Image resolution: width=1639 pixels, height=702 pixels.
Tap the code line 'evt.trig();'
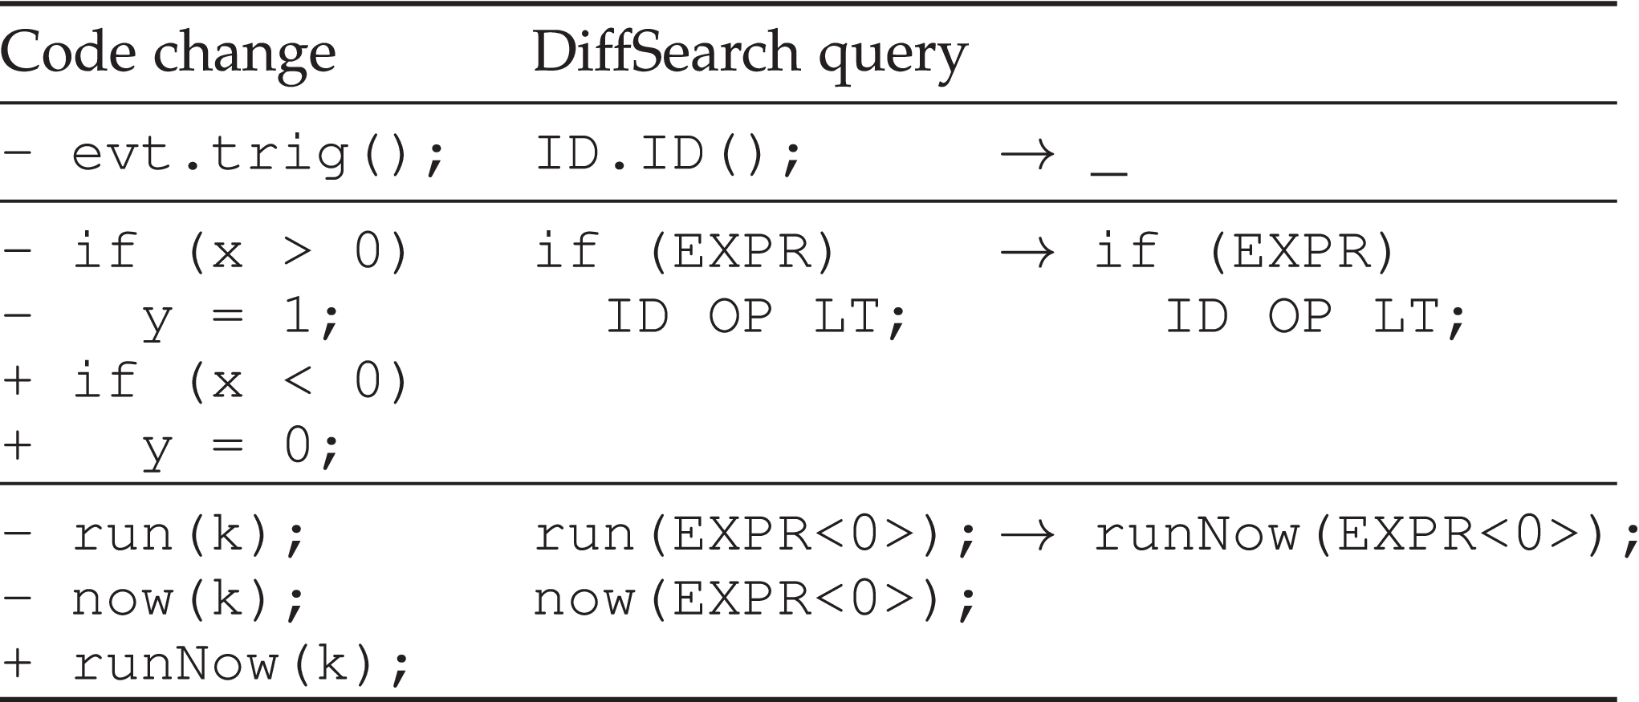tap(257, 154)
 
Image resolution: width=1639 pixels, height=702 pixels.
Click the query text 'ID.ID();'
tap(668, 154)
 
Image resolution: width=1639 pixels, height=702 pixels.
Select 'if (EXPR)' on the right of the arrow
tap(1245, 251)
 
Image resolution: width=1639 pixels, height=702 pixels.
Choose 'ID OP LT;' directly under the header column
tap(755, 316)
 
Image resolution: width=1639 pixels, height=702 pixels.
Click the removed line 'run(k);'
tap(189, 534)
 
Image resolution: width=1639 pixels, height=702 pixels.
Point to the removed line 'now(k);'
tap(189, 599)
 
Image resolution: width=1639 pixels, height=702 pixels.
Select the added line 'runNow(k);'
tap(241, 664)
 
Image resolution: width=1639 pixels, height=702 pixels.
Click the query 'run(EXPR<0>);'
tap(755, 534)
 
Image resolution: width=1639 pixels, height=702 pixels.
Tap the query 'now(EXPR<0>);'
tap(755, 599)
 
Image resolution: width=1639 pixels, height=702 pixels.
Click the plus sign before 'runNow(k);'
tap(17, 664)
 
